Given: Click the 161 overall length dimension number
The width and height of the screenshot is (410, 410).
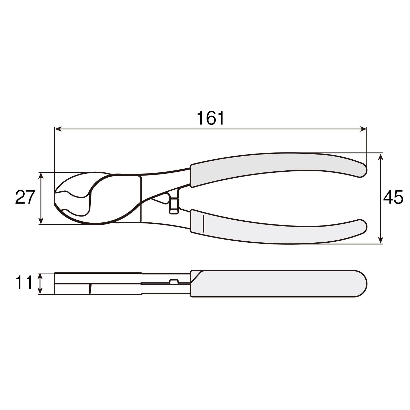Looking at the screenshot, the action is [x=210, y=118].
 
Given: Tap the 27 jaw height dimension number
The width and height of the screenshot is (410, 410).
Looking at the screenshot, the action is [x=25, y=197].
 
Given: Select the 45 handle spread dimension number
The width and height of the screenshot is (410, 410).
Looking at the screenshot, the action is [x=393, y=198].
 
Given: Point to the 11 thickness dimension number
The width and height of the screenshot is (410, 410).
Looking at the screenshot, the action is [x=24, y=283].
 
